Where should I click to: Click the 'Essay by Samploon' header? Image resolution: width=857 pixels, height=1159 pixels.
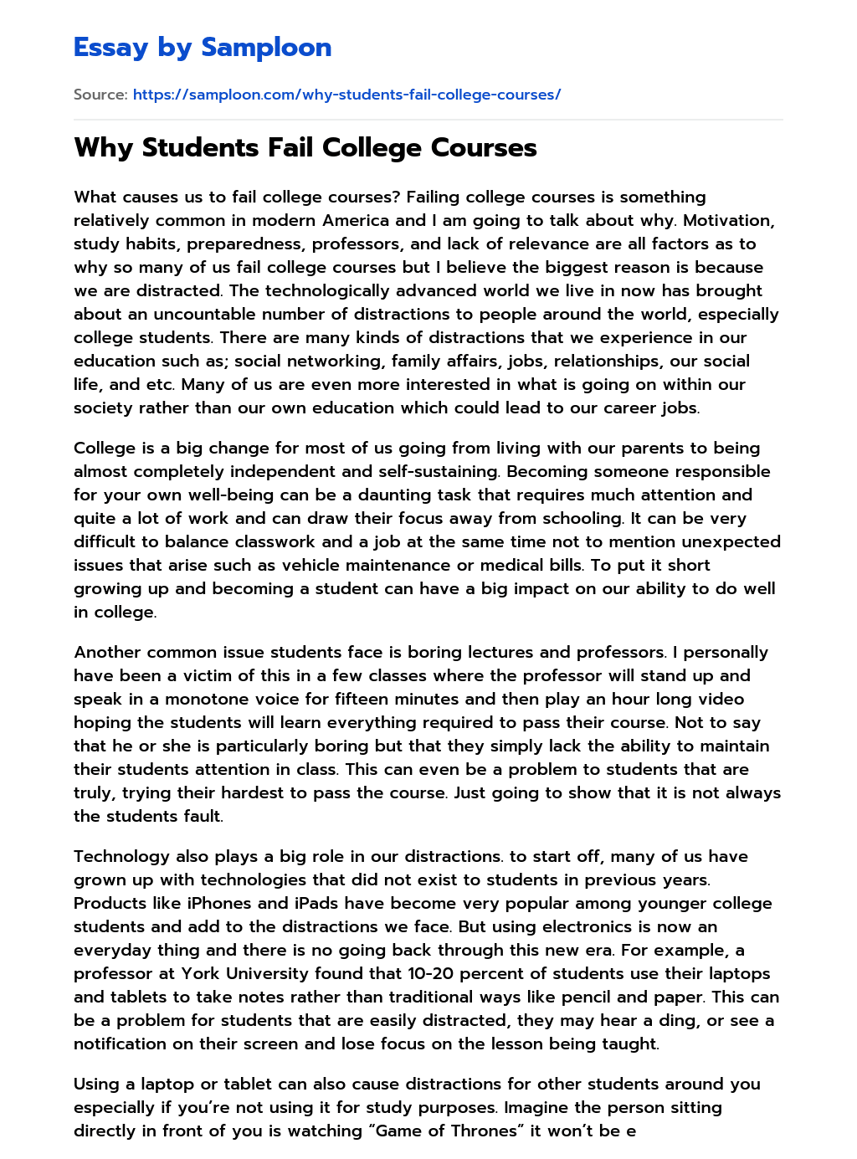(x=203, y=48)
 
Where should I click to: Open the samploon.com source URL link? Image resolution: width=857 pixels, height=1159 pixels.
(x=346, y=95)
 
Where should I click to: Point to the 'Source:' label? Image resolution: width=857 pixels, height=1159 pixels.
(x=100, y=95)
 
